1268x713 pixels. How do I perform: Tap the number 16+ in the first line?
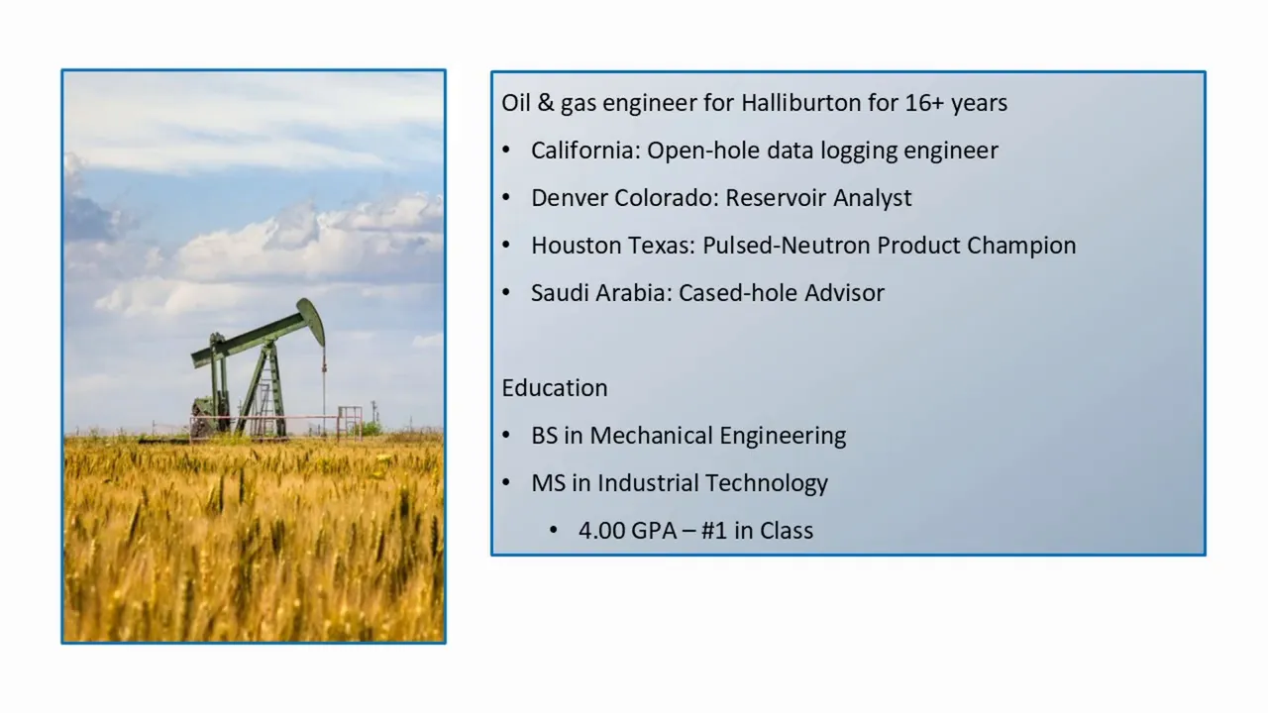(925, 103)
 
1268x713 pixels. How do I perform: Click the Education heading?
(555, 388)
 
